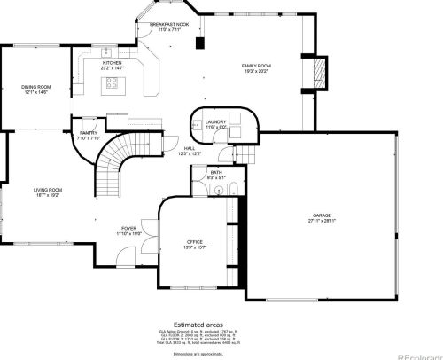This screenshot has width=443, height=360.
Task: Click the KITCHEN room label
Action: click(112, 64)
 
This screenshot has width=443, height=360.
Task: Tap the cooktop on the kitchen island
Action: click(113, 84)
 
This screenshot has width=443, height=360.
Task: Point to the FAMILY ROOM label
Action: click(257, 67)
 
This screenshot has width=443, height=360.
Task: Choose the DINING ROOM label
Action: click(36, 87)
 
